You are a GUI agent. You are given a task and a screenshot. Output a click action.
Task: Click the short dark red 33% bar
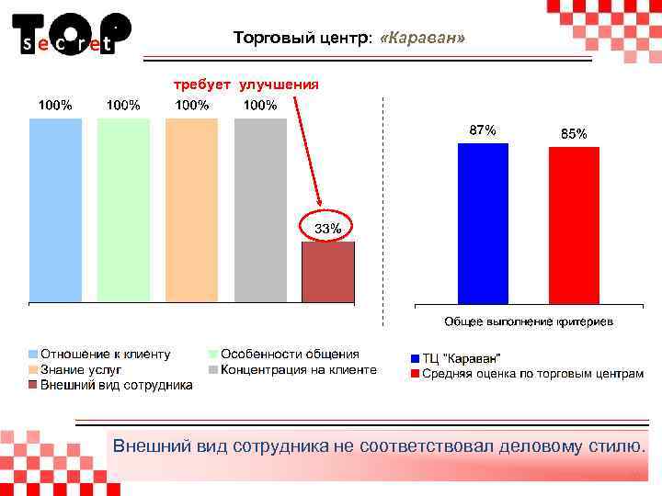point(328,272)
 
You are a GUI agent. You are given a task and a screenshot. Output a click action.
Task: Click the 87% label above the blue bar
point(483,130)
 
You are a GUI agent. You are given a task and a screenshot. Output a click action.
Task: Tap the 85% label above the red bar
point(574,134)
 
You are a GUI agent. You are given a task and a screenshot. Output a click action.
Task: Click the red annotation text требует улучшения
point(247,85)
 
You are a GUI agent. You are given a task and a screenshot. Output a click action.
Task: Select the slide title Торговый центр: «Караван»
point(349,39)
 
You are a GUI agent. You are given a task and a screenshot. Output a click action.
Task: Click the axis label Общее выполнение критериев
point(530,321)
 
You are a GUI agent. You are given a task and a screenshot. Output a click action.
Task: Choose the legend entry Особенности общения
point(289,354)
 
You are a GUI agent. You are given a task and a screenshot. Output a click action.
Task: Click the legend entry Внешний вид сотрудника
point(116,385)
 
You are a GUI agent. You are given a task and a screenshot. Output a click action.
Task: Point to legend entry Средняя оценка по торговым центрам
point(532,374)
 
